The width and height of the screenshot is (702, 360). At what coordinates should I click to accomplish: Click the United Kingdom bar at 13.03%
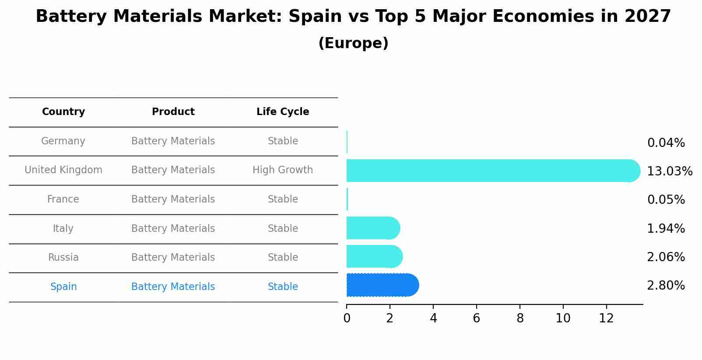[490, 171]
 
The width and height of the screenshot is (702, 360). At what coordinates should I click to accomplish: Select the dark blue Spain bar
[381, 285]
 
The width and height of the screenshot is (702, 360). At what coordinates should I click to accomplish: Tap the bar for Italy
[372, 228]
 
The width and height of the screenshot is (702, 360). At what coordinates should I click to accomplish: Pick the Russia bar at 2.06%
[373, 256]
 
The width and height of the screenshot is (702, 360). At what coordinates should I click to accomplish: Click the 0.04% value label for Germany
[666, 143]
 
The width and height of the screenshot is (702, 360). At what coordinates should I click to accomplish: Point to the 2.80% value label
[666, 286]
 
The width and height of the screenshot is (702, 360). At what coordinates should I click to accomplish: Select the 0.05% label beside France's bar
[666, 200]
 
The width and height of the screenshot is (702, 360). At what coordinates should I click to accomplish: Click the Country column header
[63, 112]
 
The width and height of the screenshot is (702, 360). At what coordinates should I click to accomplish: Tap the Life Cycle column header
[283, 112]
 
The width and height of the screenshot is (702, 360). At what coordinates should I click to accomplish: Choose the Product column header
[173, 112]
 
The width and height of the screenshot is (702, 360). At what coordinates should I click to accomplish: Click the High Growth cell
[283, 170]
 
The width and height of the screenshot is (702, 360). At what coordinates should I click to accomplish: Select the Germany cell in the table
[63, 141]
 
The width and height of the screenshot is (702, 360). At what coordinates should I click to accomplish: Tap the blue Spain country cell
[63, 287]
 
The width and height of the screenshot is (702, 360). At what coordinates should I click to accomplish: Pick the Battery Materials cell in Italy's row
[173, 229]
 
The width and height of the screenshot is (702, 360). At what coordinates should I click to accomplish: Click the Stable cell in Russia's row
[283, 258]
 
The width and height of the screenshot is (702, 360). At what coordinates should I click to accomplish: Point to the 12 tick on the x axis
[606, 318]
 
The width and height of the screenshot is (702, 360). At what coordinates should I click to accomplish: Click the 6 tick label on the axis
[477, 318]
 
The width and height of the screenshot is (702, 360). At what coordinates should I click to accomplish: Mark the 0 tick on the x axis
[347, 318]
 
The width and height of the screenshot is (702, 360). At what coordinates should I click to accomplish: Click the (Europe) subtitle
[353, 43]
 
